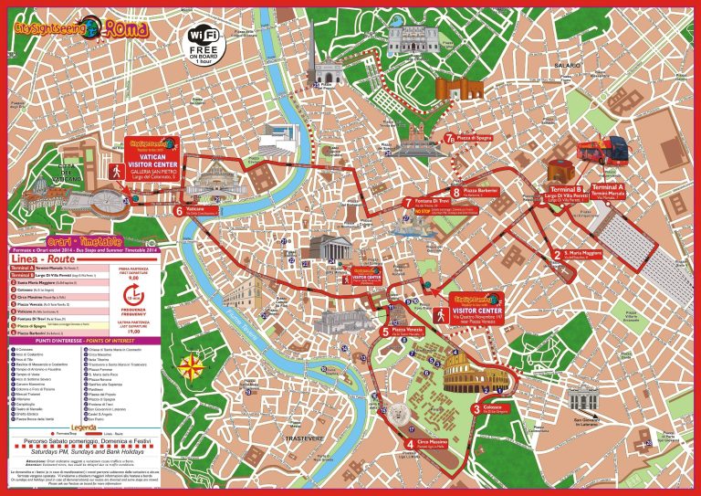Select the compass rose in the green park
[x=194, y=367]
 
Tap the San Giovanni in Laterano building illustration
[x=582, y=400]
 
